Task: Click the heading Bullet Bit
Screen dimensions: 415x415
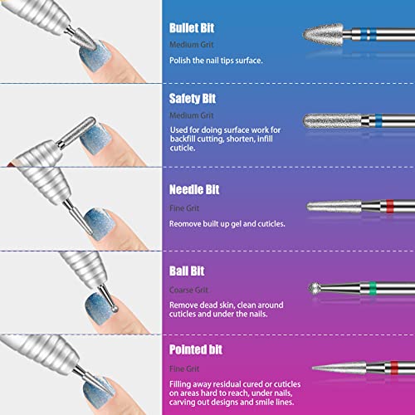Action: [x=192, y=27]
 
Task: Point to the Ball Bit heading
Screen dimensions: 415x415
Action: [x=187, y=271]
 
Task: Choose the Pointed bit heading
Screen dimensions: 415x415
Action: [x=195, y=349]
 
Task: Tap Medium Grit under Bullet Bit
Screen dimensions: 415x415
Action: [x=188, y=44]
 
